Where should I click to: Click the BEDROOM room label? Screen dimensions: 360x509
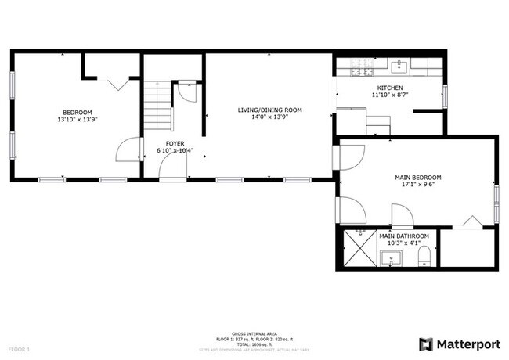pyautogui.click(x=76, y=112)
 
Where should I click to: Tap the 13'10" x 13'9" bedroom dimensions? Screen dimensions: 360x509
pyautogui.click(x=76, y=121)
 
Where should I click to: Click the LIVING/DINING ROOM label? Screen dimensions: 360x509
pyautogui.click(x=269, y=110)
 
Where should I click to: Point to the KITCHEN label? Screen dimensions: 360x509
pyautogui.click(x=390, y=88)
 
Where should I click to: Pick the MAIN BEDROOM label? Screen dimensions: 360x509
pyautogui.click(x=417, y=178)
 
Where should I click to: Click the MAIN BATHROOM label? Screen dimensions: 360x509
pyautogui.click(x=404, y=236)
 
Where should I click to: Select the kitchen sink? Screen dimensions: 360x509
pyautogui.click(x=397, y=65)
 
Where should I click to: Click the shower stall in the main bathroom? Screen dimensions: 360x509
pyautogui.click(x=357, y=249)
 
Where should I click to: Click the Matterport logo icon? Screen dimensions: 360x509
pyautogui.click(x=426, y=344)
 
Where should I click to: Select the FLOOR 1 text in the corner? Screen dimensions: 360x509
pyautogui.click(x=19, y=348)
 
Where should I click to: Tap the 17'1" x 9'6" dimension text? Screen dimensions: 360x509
pyautogui.click(x=417, y=186)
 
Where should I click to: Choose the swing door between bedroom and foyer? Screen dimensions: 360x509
pyautogui.click(x=128, y=149)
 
